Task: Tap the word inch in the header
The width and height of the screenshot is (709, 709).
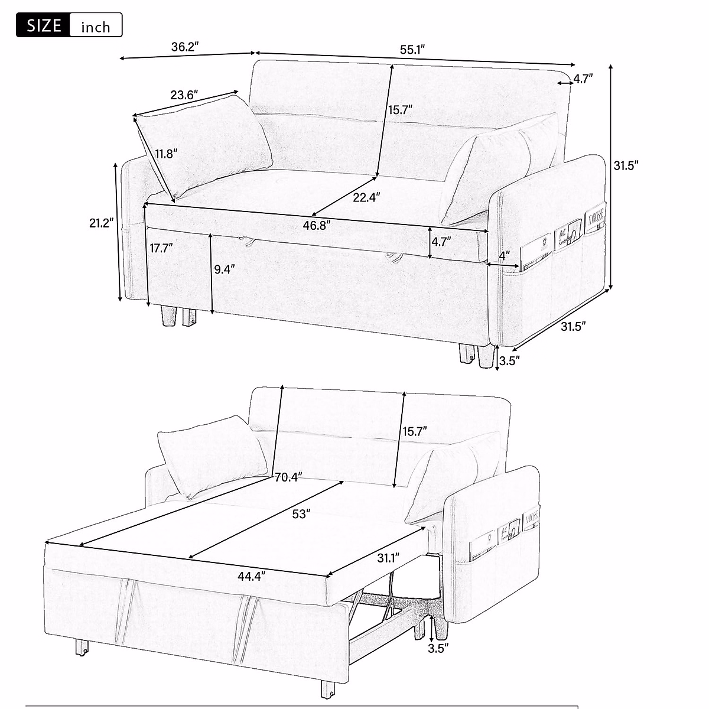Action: point(95,27)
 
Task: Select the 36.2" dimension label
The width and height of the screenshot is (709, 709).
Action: point(184,47)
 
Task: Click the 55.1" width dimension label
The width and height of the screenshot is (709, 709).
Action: point(413,50)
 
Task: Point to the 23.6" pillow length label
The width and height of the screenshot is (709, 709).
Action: point(184,95)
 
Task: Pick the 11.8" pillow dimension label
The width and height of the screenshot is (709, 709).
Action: point(167,155)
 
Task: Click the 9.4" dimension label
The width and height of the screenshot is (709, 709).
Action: point(224,269)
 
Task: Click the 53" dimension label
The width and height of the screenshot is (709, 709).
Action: point(301,514)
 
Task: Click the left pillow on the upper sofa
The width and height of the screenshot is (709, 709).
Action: point(204,148)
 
